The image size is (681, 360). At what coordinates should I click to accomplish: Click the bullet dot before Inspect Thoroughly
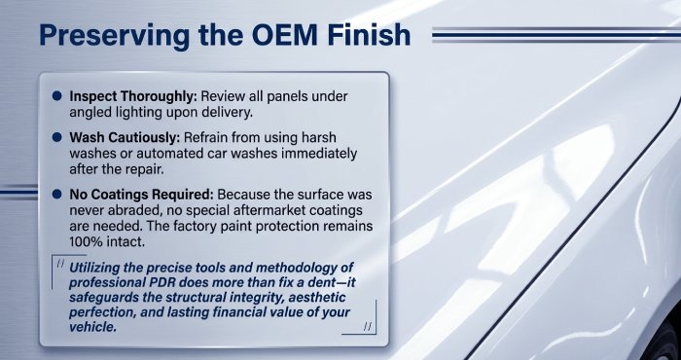(57, 97)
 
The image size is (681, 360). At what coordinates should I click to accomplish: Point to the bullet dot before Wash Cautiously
(57, 139)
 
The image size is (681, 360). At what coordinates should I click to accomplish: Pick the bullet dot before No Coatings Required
(57, 194)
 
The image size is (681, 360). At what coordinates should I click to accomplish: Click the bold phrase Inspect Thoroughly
(131, 97)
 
